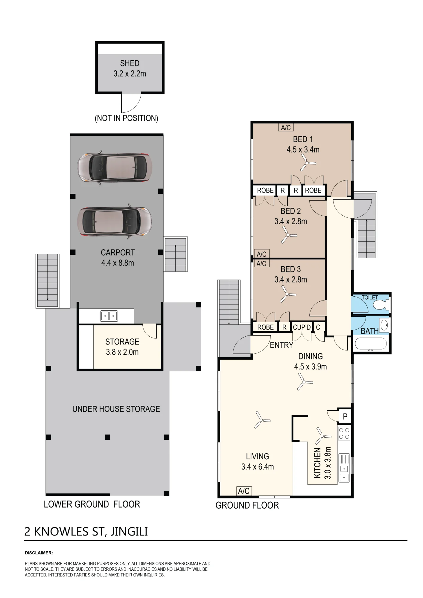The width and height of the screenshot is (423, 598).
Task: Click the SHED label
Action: (130, 63)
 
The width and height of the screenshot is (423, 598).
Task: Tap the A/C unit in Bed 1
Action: (286, 128)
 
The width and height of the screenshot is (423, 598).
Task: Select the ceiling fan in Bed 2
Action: (288, 235)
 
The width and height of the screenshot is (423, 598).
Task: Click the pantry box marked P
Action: (345, 417)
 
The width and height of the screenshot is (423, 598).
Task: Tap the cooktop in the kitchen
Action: (344, 434)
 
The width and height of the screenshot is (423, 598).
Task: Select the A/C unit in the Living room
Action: (244, 491)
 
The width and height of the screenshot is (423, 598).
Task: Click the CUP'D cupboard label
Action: (302, 327)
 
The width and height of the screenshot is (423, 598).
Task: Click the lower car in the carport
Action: (115, 222)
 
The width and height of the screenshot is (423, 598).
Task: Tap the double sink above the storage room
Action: (109, 316)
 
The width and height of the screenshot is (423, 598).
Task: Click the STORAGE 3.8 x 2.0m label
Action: (122, 347)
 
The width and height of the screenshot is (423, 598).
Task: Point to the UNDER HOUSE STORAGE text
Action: (116, 409)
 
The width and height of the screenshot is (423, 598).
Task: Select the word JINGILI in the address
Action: (129, 532)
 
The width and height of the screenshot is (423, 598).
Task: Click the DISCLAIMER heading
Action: (39, 553)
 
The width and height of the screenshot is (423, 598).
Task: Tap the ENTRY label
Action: (282, 345)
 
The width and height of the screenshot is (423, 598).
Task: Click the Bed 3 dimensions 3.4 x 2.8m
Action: (291, 280)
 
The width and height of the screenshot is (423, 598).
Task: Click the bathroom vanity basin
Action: (384, 324)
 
